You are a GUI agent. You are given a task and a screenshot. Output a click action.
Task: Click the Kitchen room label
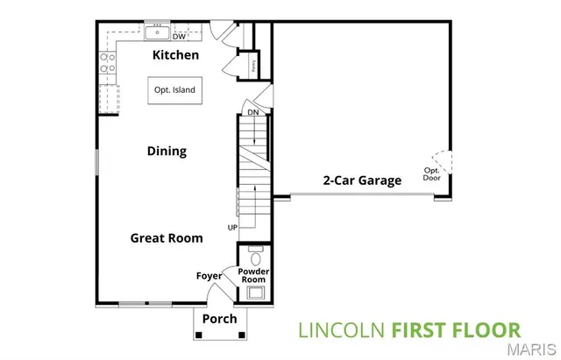tap(175, 55)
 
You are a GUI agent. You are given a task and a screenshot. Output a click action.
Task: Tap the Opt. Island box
tap(174, 90)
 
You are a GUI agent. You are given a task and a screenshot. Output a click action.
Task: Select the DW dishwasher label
tap(179, 37)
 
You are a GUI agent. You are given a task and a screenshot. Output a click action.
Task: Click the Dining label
tap(167, 151)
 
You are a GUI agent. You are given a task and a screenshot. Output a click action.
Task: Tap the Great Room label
tap(167, 237)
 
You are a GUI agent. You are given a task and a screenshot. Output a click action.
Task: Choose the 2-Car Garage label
tap(361, 180)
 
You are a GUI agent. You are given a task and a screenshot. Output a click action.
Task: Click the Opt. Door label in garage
tap(432, 174)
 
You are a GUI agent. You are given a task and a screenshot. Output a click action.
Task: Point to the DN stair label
tap(252, 112)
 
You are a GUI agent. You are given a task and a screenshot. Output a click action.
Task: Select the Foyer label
tap(209, 276)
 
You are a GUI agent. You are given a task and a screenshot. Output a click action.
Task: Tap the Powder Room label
tap(255, 276)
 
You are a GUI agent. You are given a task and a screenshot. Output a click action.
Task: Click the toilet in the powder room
tap(256, 258)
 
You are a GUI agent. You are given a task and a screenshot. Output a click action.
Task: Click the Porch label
tap(219, 319)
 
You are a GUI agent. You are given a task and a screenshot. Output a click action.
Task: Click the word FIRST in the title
tap(417, 331)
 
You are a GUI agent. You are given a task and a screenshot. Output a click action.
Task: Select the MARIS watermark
tap(531, 351)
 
